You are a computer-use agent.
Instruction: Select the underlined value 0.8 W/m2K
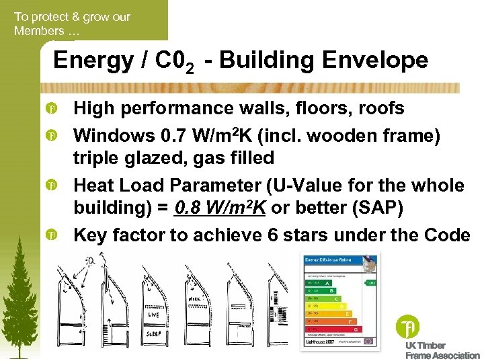click(219, 208)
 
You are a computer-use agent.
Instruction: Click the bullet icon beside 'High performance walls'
click(51, 109)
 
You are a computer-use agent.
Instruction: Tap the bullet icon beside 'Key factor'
click(51, 235)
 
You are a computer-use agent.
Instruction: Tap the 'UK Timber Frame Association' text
click(442, 350)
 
